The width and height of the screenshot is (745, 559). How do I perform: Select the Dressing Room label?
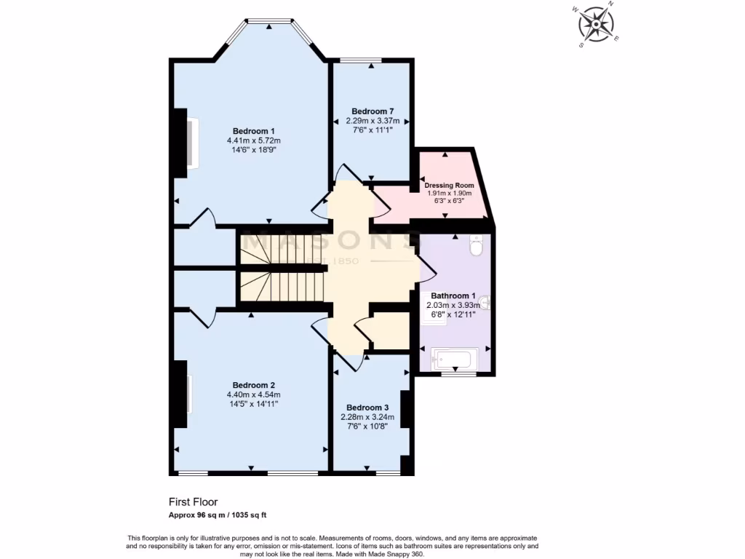click(x=448, y=185)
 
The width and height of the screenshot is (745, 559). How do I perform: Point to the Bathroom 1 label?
click(x=453, y=296)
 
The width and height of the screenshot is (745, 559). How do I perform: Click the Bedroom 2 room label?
click(x=253, y=385)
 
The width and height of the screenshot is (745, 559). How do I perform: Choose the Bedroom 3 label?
click(x=367, y=408)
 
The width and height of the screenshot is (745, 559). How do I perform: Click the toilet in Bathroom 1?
click(x=477, y=247)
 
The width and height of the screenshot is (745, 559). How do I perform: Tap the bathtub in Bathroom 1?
click(x=453, y=359)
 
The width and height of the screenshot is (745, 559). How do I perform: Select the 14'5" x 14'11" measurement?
click(x=253, y=403)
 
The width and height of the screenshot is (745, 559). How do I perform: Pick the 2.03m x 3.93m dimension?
click(x=453, y=306)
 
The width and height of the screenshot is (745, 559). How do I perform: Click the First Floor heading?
click(x=193, y=501)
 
